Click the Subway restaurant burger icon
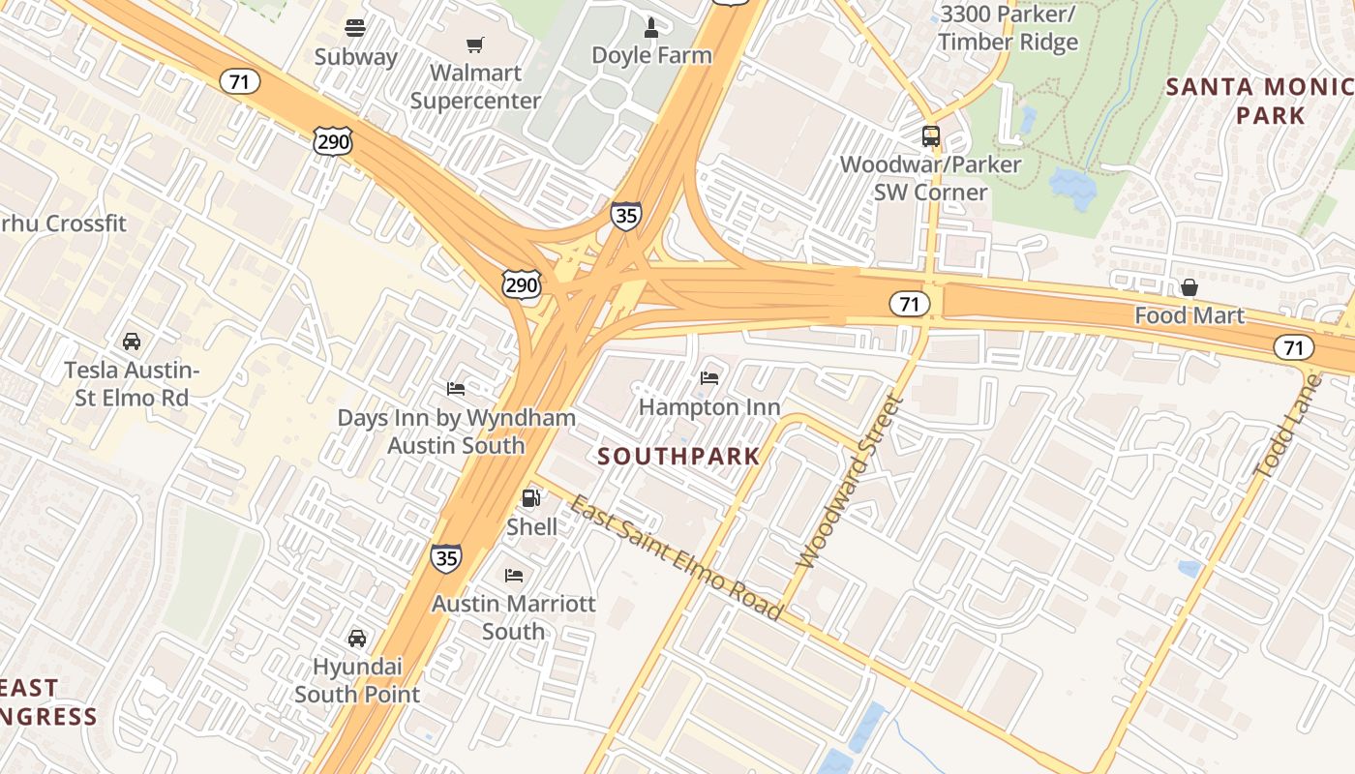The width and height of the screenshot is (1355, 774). click(355, 28)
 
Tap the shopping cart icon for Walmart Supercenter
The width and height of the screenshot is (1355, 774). click(474, 45)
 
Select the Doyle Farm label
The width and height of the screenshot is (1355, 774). click(651, 55)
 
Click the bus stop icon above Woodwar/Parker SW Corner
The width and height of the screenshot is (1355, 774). click(930, 136)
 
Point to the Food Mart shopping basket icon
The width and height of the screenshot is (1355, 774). click(1189, 287)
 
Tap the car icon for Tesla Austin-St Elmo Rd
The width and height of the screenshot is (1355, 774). click(131, 342)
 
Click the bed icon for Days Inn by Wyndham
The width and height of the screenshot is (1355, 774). click(456, 389)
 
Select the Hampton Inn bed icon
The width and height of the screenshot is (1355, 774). click(709, 377)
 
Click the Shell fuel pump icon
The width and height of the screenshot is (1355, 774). click(530, 498)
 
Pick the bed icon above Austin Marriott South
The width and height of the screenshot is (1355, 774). click(514, 575)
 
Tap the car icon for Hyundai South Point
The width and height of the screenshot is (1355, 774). click(356, 638)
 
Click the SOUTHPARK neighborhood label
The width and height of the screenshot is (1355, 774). click(678, 456)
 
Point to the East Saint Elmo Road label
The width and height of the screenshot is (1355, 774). click(676, 557)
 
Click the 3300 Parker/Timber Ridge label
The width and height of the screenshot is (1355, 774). click(1008, 28)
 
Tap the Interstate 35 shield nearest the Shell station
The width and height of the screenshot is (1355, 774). click(446, 557)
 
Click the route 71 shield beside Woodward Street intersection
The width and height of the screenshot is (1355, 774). click(909, 304)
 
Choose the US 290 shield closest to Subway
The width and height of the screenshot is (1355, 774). click(332, 141)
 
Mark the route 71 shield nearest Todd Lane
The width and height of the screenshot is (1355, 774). click(1293, 347)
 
